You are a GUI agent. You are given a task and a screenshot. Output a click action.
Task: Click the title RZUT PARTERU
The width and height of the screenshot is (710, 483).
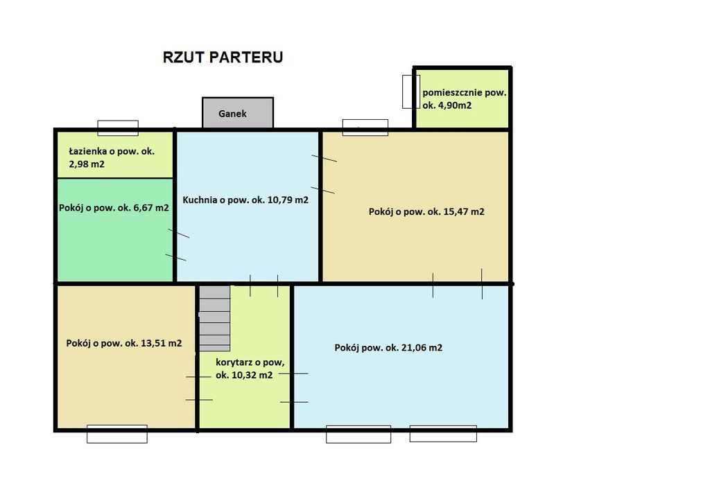point(223,57)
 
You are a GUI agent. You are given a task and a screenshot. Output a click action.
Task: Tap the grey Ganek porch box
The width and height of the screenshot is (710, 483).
point(238,113)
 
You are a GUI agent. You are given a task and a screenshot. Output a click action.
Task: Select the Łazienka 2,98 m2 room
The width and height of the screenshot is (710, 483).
point(116,155)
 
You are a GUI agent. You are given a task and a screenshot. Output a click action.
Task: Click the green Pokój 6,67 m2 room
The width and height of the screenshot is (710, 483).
point(116,230)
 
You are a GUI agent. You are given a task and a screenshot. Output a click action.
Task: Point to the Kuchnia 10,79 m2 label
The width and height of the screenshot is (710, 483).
point(245,200)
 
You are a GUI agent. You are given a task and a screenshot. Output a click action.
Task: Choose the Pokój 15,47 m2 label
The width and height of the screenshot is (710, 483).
point(426,211)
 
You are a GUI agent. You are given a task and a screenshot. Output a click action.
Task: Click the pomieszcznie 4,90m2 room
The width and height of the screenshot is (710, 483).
point(462,98)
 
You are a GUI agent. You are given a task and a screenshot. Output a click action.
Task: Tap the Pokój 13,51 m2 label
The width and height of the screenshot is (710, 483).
point(124,343)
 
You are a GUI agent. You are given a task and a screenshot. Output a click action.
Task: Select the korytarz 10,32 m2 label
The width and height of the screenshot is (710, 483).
point(250,369)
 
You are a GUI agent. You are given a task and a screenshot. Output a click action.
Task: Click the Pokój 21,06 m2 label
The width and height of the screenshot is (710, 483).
point(388,348)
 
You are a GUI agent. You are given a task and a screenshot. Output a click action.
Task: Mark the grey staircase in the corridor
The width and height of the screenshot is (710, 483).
point(215,318)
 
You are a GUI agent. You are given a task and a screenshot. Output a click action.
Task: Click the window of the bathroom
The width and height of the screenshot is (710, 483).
point(118,128)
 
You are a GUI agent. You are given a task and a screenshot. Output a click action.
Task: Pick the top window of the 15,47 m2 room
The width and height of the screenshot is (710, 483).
point(365,128)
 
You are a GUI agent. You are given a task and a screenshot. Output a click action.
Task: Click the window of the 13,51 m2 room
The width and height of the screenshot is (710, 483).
point(116,434)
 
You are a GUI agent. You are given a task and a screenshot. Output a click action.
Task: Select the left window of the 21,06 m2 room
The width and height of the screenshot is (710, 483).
point(358,434)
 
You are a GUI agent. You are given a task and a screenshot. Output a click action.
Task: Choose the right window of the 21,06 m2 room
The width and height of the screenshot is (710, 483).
point(443,433)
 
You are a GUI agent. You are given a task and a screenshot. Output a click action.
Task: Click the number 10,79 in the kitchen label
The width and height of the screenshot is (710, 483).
point(281,200)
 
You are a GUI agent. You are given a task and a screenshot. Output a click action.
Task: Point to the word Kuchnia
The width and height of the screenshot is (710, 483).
point(200,200)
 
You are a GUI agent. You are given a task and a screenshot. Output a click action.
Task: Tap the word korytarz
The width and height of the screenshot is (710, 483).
point(234,362)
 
